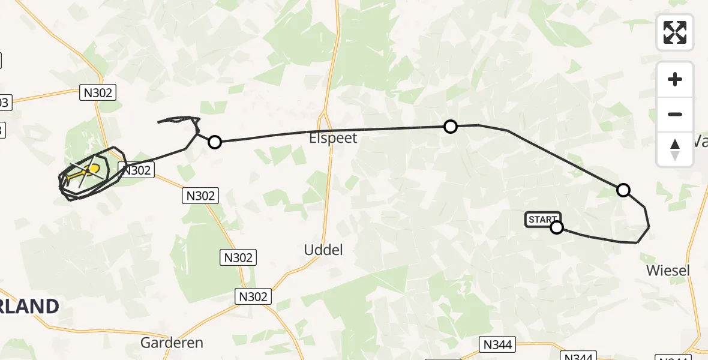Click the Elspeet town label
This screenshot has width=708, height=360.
(x=333, y=139)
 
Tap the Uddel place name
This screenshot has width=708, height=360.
(x=323, y=250)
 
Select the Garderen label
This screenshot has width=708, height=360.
(x=172, y=343)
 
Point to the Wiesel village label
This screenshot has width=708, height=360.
(x=668, y=271)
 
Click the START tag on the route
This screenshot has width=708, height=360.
(x=542, y=220)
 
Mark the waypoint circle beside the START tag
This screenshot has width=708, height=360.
(x=557, y=227)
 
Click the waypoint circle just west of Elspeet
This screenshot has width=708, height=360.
(x=214, y=142)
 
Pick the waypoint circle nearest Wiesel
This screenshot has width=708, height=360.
(x=623, y=190)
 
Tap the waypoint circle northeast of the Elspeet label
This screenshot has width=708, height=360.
(x=450, y=127)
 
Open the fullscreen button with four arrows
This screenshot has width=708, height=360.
(x=675, y=32)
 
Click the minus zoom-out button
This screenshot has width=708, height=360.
(x=675, y=114)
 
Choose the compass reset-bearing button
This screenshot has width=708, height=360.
(x=675, y=149)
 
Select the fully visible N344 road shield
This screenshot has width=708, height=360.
(x=498, y=344)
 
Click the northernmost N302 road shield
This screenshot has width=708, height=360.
(x=97, y=92)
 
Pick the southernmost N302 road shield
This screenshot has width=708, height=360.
(x=254, y=296)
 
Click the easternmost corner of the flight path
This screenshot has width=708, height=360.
(x=649, y=227)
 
